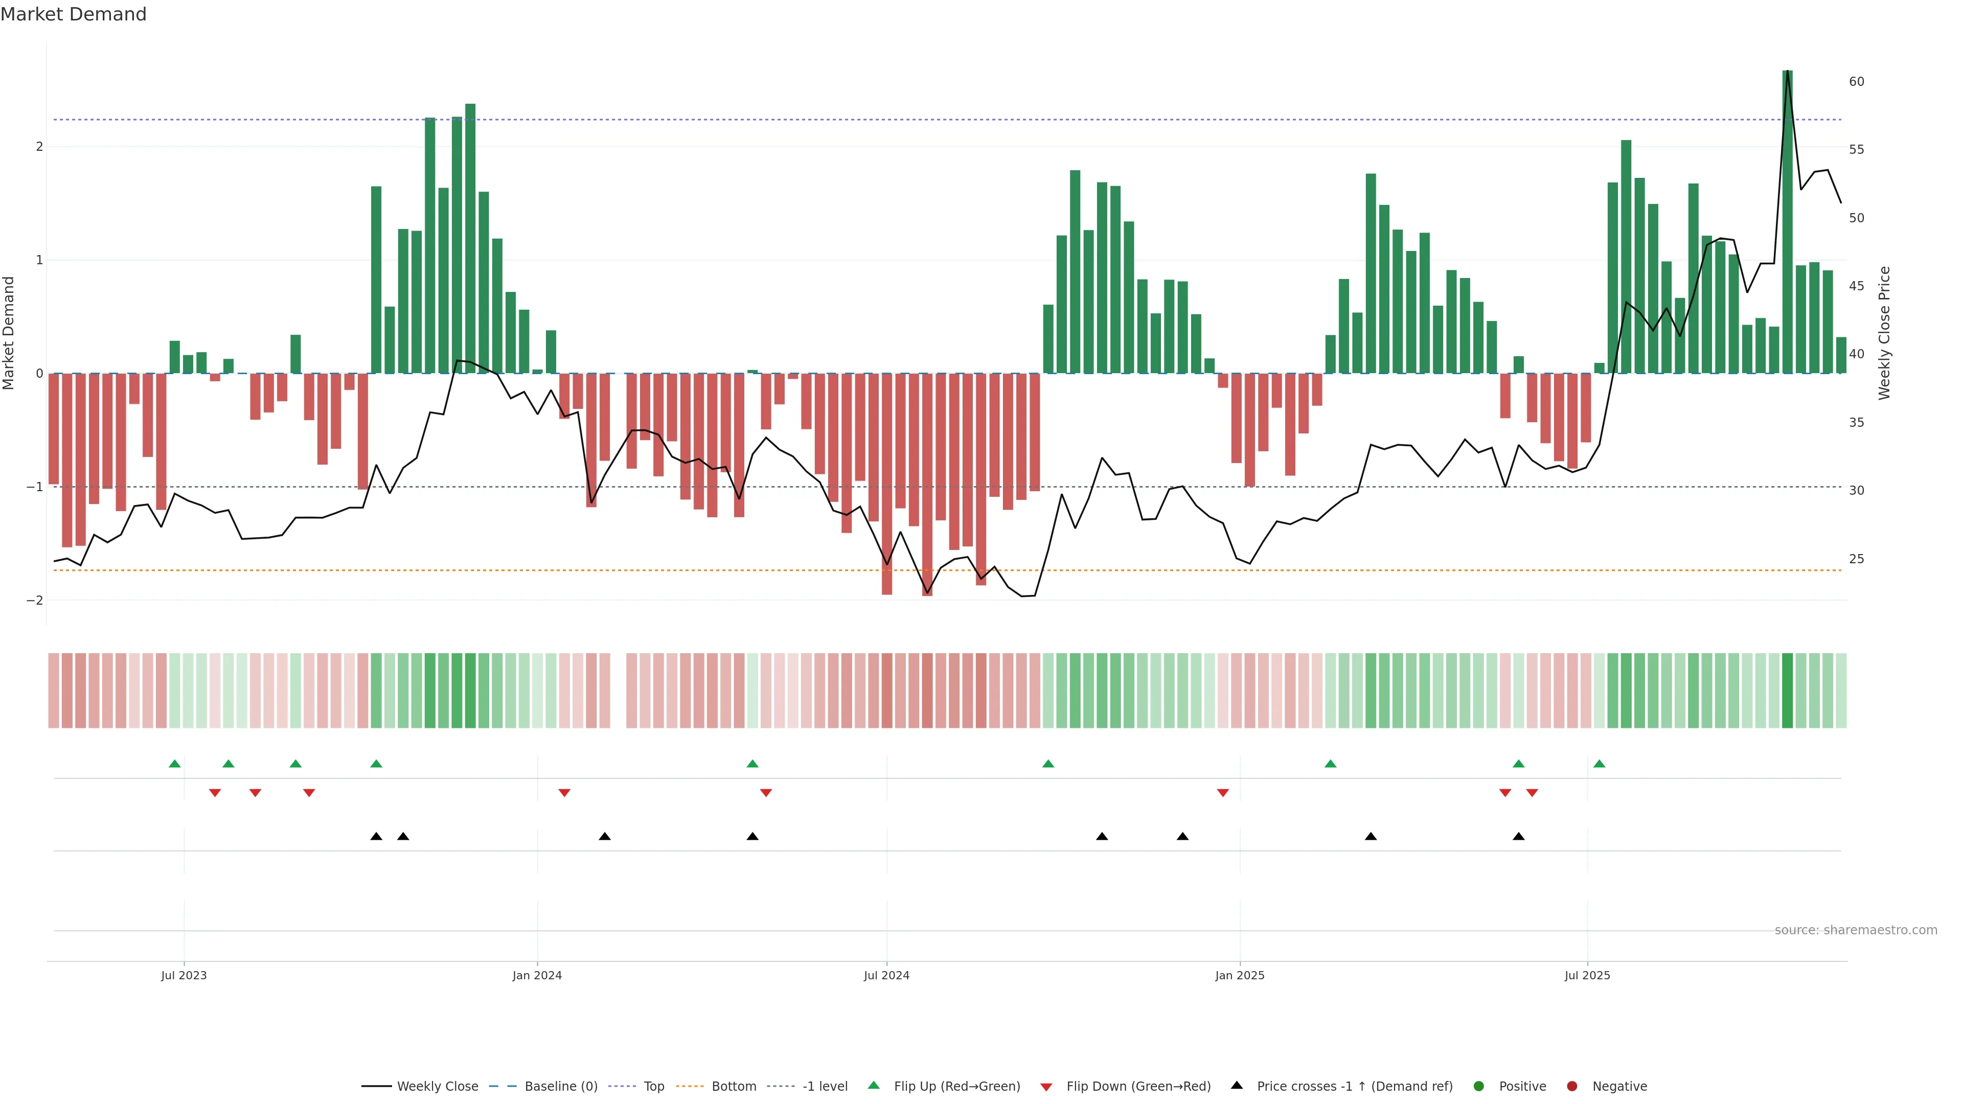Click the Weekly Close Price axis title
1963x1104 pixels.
point(1884,333)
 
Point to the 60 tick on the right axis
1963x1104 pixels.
point(1856,82)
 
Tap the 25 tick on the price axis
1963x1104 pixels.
point(1856,559)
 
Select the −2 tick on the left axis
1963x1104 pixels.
point(34,601)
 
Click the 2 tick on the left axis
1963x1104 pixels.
point(39,146)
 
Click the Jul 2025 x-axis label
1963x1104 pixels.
point(1587,975)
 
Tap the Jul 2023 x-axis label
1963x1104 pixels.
point(184,975)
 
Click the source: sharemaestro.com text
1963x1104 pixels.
point(1856,930)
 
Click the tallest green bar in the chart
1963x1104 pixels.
point(1787,221)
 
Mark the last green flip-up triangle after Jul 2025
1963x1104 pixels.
point(1600,764)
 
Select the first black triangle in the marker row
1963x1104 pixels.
point(376,837)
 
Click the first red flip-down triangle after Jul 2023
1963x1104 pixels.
point(215,793)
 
